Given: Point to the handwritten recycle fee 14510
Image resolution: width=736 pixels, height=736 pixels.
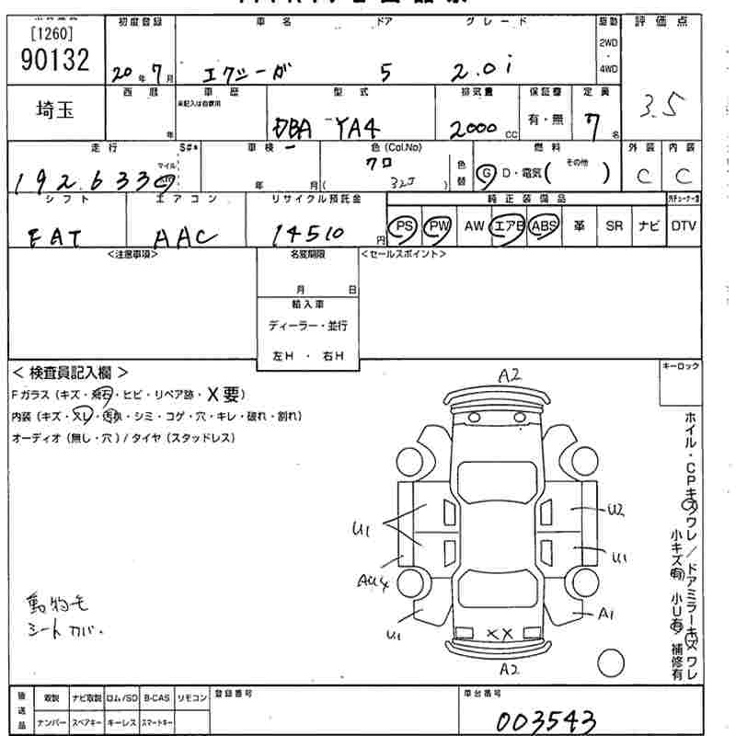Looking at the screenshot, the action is pos(307,235).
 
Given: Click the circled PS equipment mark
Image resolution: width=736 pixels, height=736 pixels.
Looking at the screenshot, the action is pos(402,226).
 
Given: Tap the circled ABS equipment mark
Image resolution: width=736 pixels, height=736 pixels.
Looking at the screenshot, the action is pos(544,226).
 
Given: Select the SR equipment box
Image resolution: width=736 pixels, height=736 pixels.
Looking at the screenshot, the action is pos(613,226).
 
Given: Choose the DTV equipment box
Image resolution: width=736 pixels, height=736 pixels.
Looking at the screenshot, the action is pos(683,226).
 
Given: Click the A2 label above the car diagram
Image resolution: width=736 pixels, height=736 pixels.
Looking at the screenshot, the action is pos(510,374).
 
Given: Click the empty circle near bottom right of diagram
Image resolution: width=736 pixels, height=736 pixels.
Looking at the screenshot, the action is pos(611,661).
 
